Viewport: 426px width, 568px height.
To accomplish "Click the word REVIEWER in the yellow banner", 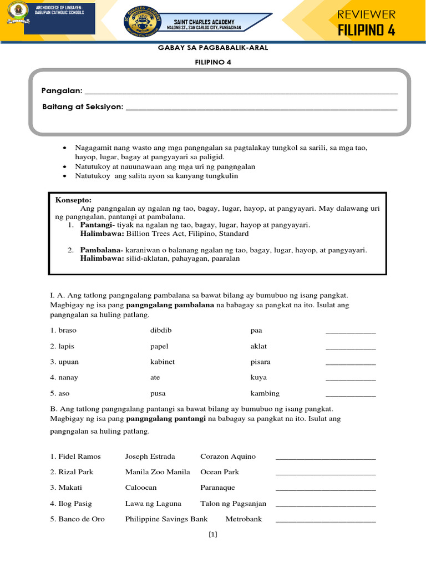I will [x=367, y=14].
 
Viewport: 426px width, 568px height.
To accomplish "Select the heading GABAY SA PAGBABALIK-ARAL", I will [x=213, y=48].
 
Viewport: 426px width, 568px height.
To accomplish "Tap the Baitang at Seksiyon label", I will [x=83, y=106].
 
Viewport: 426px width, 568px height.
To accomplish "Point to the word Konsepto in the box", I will [x=73, y=200].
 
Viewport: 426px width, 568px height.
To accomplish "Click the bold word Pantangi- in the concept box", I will [x=97, y=225].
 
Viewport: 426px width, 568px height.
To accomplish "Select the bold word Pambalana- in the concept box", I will [x=102, y=250].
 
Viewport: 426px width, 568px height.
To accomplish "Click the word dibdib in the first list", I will [x=161, y=330].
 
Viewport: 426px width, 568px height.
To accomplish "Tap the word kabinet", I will [x=163, y=362].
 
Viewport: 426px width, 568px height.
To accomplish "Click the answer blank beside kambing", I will [x=350, y=395].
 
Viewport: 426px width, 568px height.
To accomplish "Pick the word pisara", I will [x=260, y=362].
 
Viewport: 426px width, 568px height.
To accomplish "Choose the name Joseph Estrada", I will [x=150, y=457].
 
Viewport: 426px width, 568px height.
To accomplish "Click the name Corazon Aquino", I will [x=228, y=457].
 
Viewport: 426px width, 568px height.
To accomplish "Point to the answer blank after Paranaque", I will [x=325, y=490].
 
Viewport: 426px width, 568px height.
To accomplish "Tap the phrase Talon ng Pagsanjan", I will [x=233, y=504].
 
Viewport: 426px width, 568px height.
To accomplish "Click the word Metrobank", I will [x=244, y=519].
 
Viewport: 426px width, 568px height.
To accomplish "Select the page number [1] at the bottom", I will [x=212, y=535].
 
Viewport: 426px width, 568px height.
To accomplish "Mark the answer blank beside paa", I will [x=350, y=332].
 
